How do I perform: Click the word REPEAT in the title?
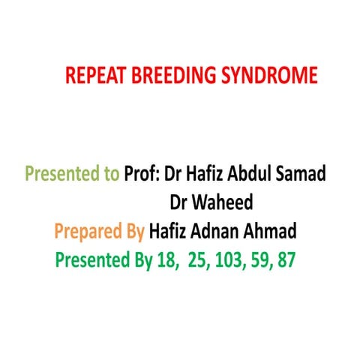click(92, 76)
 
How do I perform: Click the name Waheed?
click(211, 202)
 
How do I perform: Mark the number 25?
click(197, 261)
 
